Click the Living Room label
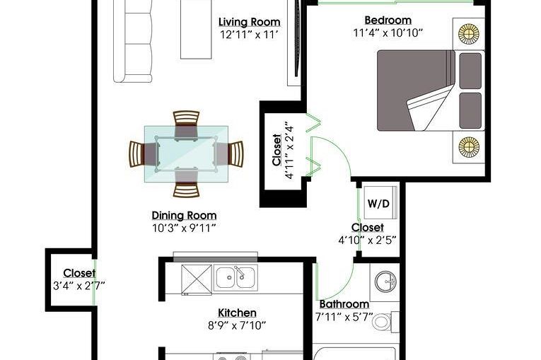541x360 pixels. (x=249, y=22)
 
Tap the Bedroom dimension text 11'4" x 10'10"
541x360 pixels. (x=388, y=33)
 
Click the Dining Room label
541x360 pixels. (x=184, y=215)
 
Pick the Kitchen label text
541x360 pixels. (x=237, y=313)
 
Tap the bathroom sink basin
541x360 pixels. (x=385, y=281)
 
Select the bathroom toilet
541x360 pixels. (x=384, y=322)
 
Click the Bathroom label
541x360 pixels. (x=344, y=305)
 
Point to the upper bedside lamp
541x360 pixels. (x=468, y=33)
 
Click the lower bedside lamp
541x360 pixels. (x=468, y=147)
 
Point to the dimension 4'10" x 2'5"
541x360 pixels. (x=367, y=240)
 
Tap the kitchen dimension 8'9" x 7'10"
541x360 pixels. (x=237, y=325)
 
